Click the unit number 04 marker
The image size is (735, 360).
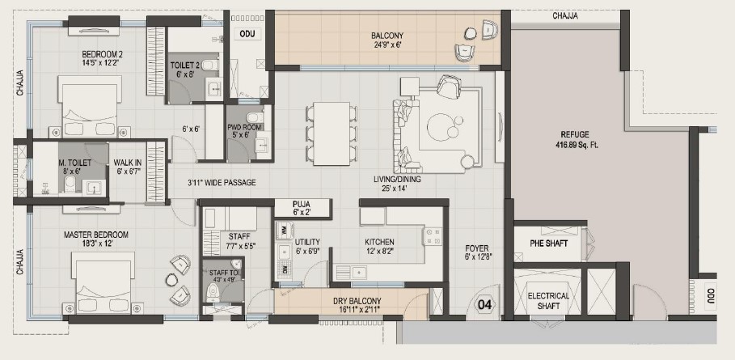[x=484, y=305]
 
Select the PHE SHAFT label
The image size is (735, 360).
[x=548, y=244]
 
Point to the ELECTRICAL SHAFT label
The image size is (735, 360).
[x=548, y=301]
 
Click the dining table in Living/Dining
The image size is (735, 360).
[x=332, y=133]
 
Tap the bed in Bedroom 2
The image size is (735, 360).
[x=89, y=107]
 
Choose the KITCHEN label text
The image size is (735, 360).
[x=379, y=242]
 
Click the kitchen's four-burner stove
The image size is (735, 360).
[x=433, y=236]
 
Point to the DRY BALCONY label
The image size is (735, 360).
[x=357, y=300]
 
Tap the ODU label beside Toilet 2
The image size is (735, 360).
[x=247, y=34]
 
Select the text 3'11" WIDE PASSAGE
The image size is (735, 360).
[x=222, y=182]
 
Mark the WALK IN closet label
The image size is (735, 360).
[x=128, y=163]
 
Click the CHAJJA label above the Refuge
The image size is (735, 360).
[x=565, y=16]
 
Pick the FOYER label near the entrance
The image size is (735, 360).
[x=477, y=248]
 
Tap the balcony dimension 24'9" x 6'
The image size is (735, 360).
[x=387, y=45]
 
